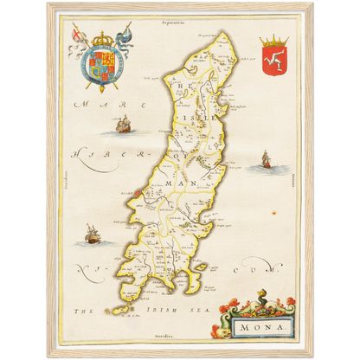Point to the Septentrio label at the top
[x=180, y=16]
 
